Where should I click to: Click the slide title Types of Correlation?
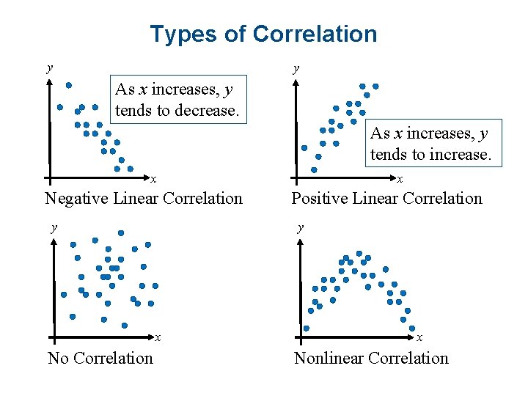[x=263, y=34]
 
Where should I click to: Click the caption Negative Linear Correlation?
[x=144, y=198]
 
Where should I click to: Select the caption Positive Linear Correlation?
[x=386, y=198]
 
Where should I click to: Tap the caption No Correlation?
[x=100, y=358]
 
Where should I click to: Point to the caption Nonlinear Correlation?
[x=371, y=358]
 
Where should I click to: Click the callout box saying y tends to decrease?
[x=176, y=100]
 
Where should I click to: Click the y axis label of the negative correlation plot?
[x=49, y=68]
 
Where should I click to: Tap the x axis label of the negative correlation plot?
[x=153, y=178]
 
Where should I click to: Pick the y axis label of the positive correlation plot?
[x=296, y=68]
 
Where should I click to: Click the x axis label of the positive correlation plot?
[x=400, y=178]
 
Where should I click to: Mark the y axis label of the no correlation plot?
[x=54, y=227]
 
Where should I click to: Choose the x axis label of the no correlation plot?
[x=158, y=338]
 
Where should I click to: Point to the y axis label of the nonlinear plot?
[x=300, y=227]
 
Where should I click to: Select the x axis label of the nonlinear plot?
[x=419, y=338]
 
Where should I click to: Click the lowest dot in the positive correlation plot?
[x=315, y=169]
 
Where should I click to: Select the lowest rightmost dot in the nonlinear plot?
[x=412, y=329]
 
